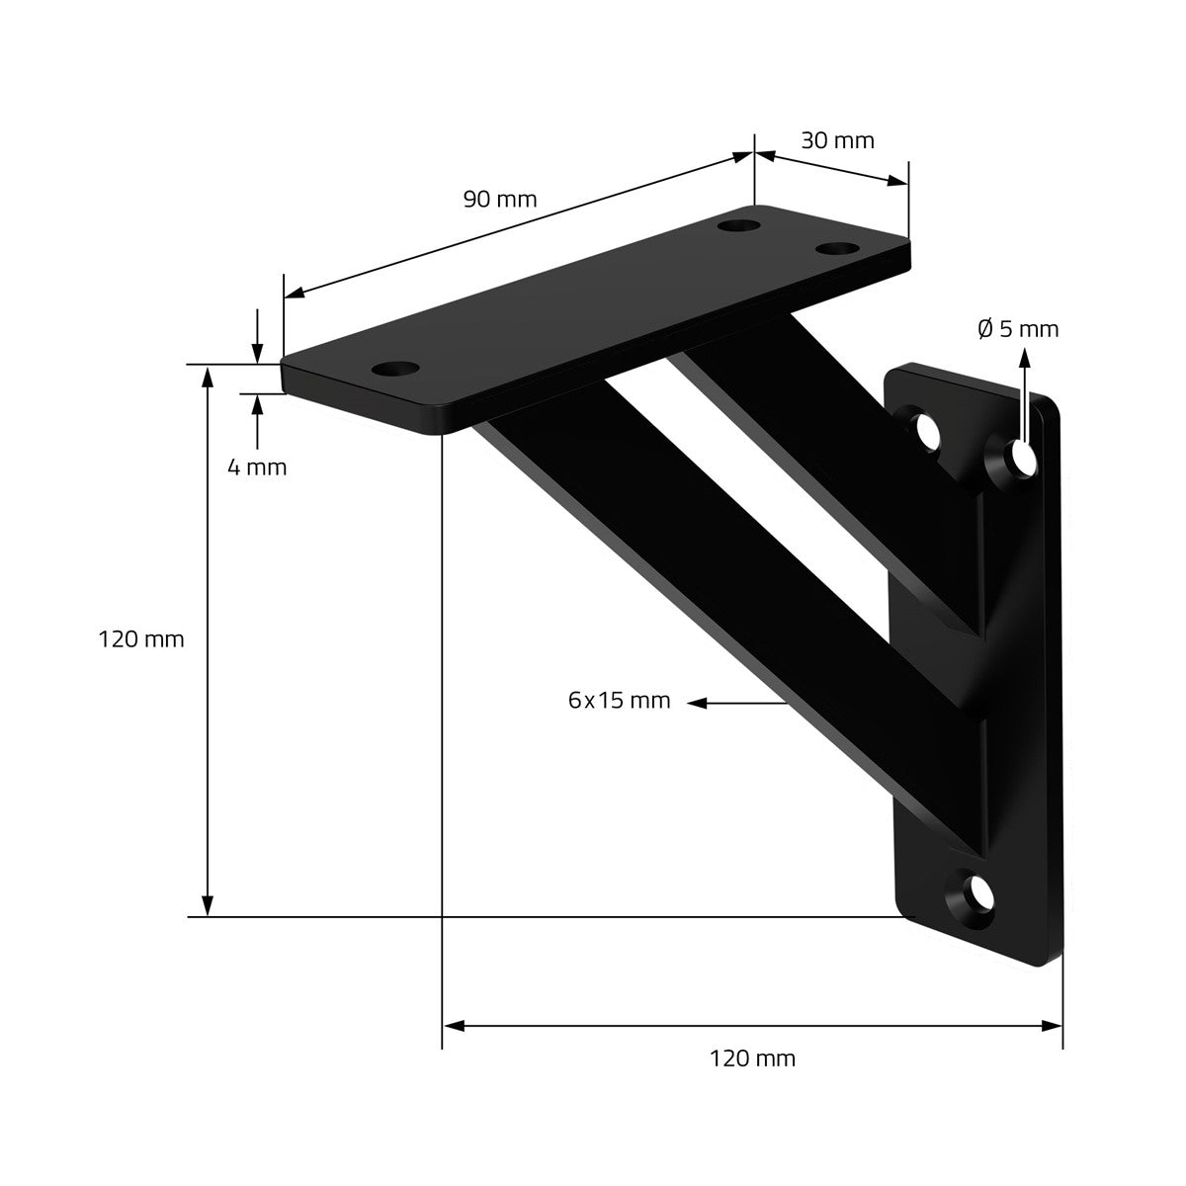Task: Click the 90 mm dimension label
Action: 500,200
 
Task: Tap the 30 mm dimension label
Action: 837,141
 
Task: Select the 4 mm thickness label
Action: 257,467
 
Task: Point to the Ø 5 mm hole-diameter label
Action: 1018,329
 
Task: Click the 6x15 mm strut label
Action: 619,701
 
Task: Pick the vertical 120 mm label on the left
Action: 141,639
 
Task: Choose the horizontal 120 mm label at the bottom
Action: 752,1059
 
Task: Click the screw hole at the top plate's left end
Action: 395,370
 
